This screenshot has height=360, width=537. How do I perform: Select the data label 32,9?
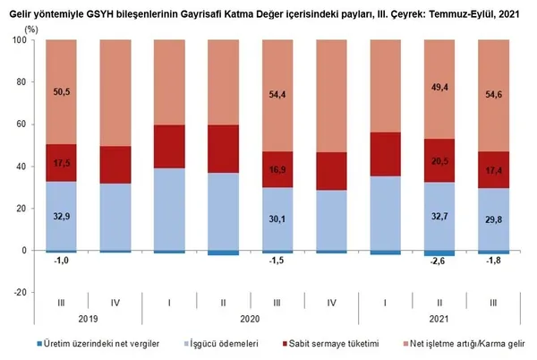pos(62,217)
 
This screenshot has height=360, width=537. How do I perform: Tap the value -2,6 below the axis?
pos(441,261)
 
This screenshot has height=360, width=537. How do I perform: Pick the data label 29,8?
pos(495,219)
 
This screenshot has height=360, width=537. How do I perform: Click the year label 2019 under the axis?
pos(88,317)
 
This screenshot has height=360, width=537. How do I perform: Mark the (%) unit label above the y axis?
pos(32,30)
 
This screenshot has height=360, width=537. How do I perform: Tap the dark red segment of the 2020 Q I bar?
pos(170,146)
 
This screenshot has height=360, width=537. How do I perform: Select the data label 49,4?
pos(441,87)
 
